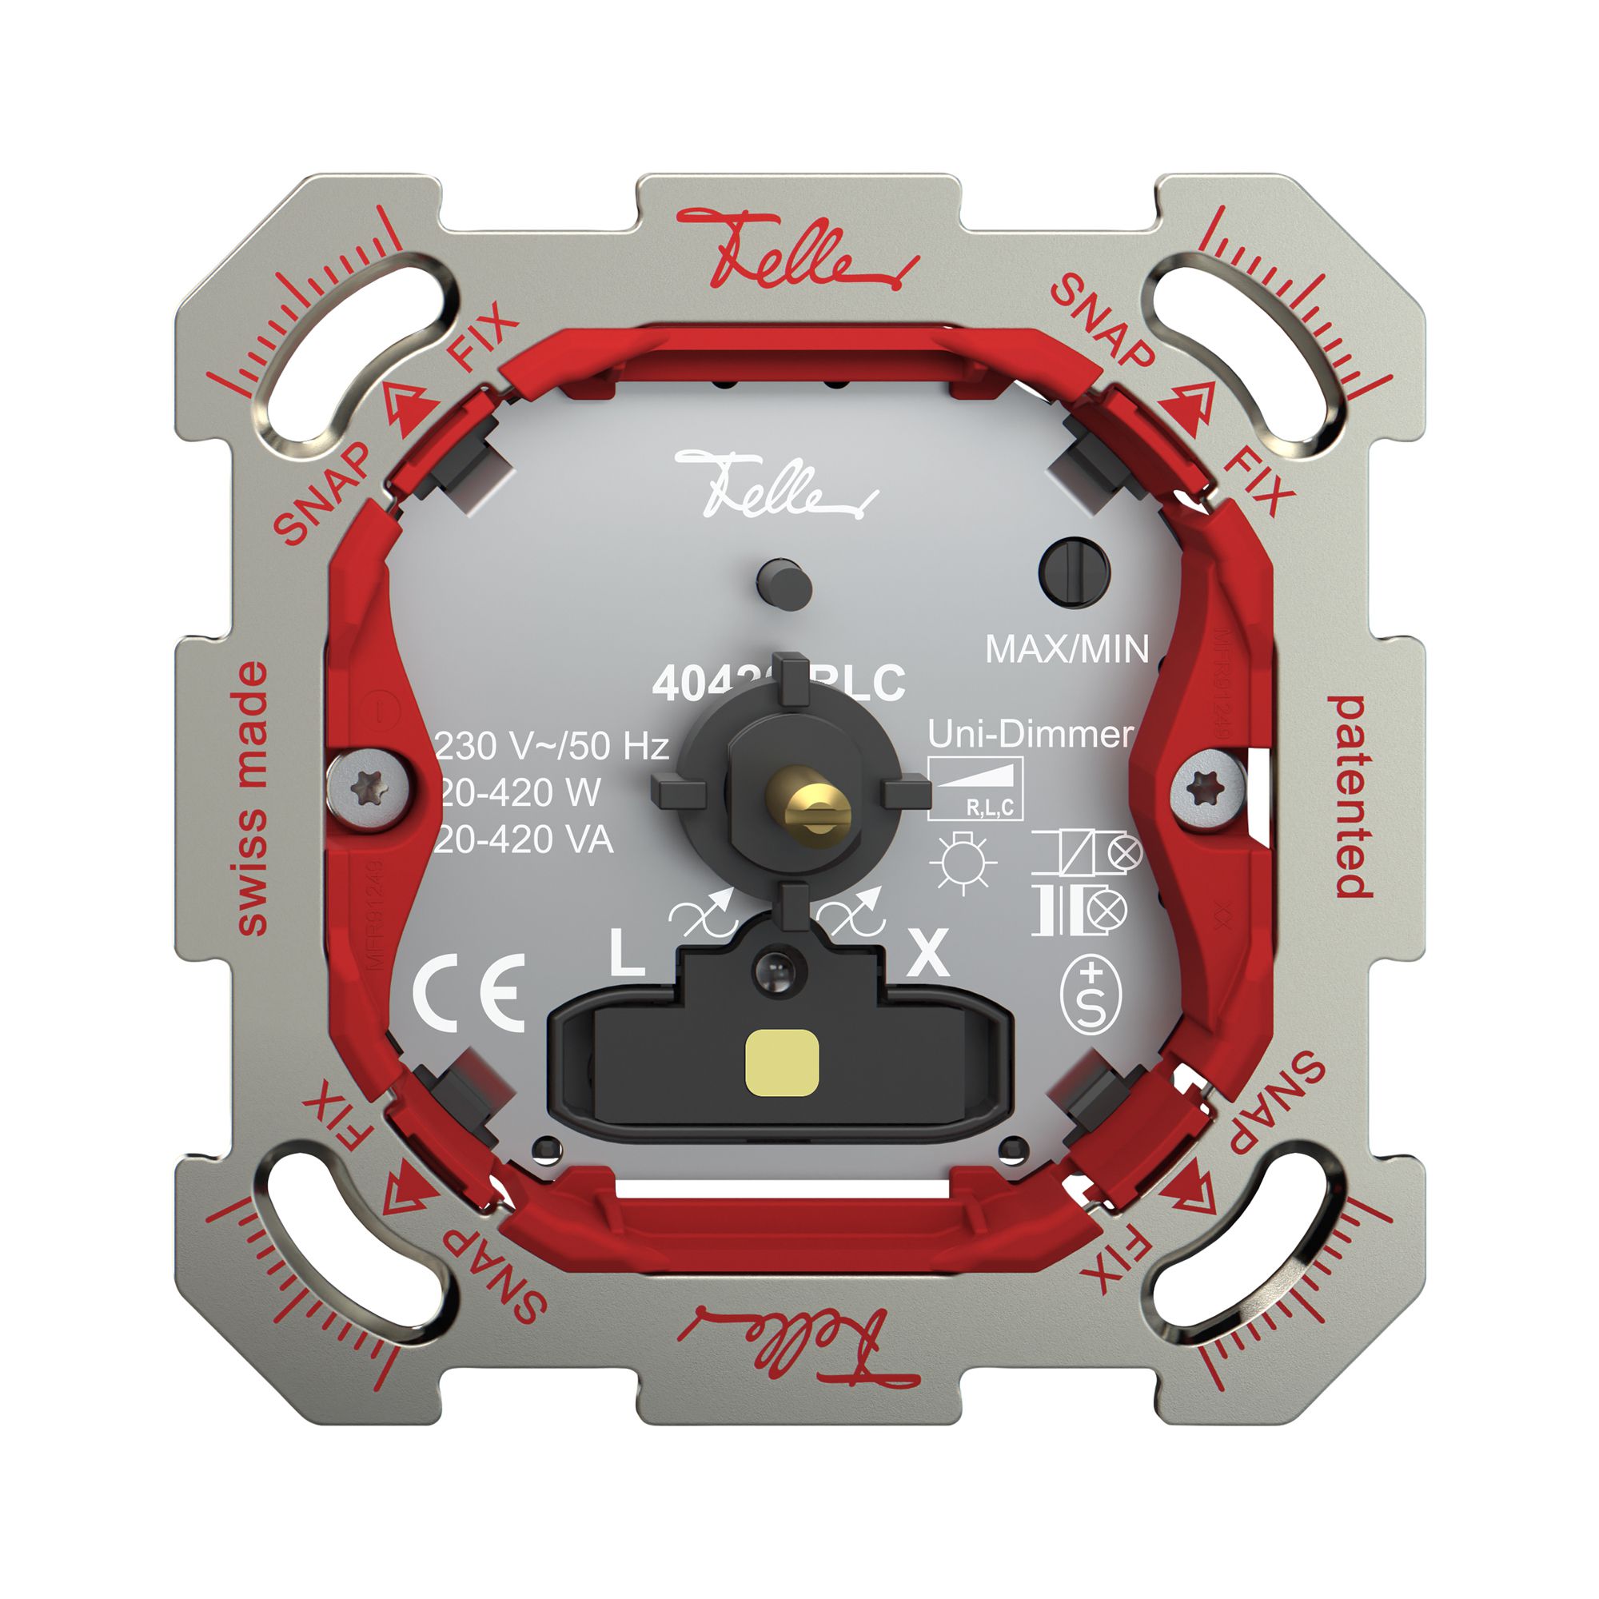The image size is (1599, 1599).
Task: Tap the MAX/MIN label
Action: pos(1067,649)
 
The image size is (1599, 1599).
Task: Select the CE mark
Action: pos(469,992)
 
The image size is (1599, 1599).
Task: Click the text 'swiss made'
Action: pos(253,799)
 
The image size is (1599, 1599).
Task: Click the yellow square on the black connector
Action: pos(781,1063)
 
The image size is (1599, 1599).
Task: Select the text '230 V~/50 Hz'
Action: pos(552,747)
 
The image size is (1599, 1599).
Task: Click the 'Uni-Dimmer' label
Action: pos(1030,734)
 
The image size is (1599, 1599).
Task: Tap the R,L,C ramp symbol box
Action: pos(975,789)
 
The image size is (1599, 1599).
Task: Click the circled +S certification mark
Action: pos(1091,995)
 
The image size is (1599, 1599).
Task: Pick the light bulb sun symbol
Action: pos(963,863)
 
